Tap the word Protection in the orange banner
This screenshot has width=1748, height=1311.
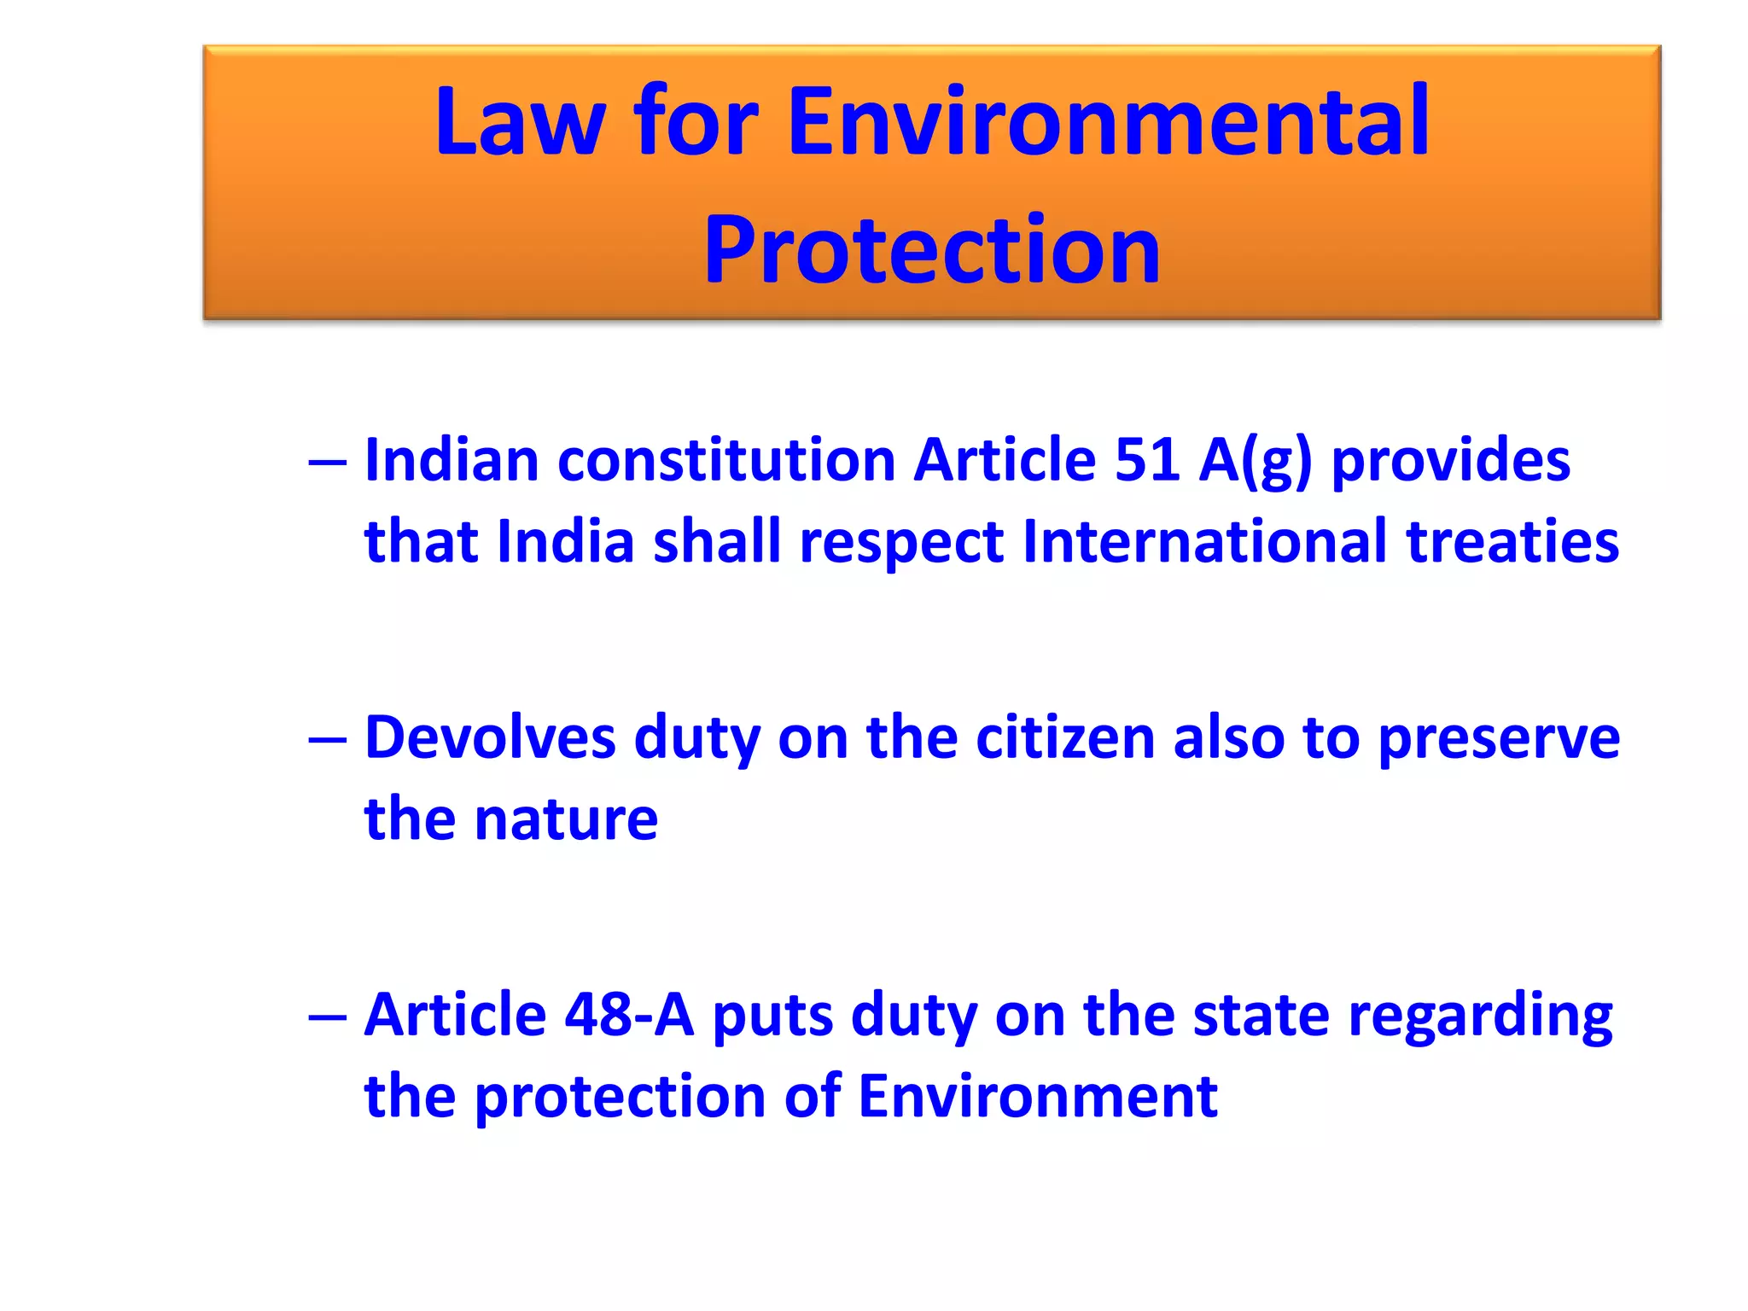[931, 249]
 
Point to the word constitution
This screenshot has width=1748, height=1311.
[726, 461]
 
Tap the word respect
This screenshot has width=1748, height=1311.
[901, 544]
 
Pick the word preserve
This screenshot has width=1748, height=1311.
[1499, 739]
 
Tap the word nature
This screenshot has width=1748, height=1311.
[566, 819]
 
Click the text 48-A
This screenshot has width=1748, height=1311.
[629, 1015]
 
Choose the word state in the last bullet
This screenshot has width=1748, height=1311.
[1261, 1015]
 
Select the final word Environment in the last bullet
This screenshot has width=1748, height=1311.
[1037, 1096]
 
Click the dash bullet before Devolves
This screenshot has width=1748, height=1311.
[328, 739]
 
